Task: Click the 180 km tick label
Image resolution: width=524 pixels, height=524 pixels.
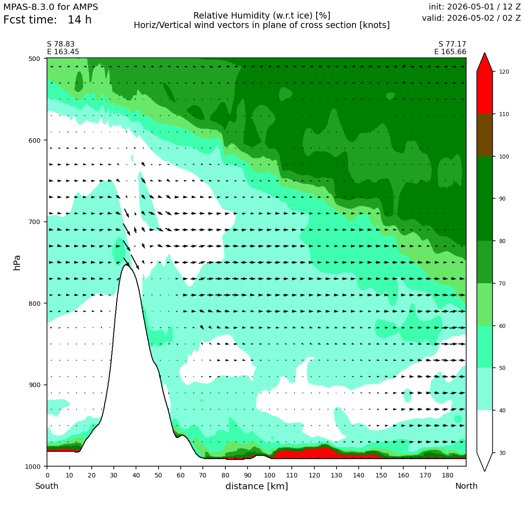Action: click(448, 475)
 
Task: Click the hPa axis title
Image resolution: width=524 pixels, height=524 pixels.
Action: click(17, 262)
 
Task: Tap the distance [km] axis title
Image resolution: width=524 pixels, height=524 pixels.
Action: click(257, 486)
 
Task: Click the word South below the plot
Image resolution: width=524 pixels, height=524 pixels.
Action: click(47, 486)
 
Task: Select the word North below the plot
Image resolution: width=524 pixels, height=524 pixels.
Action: click(466, 486)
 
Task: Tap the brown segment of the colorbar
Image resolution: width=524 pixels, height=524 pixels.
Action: click(485, 136)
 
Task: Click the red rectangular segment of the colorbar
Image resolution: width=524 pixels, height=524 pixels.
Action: click(485, 93)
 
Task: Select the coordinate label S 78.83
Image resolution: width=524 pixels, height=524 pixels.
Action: click(61, 44)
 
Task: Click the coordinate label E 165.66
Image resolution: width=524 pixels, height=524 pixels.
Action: click(450, 52)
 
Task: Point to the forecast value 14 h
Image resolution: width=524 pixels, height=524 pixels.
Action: click(80, 20)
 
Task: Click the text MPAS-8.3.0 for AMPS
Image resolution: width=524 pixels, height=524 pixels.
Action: click(51, 7)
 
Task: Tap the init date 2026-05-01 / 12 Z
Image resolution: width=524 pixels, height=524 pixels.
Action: click(475, 7)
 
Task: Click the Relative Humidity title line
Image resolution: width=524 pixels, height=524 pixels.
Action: click(262, 16)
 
